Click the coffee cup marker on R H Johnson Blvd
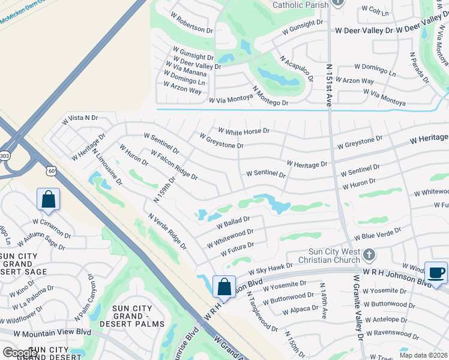point(436,273)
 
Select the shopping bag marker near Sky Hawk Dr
point(224,287)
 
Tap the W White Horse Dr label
point(244,130)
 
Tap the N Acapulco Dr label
point(297,68)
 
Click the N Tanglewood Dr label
point(264,316)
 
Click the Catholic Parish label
point(300,5)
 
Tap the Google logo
point(20,353)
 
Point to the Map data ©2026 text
point(423,355)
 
